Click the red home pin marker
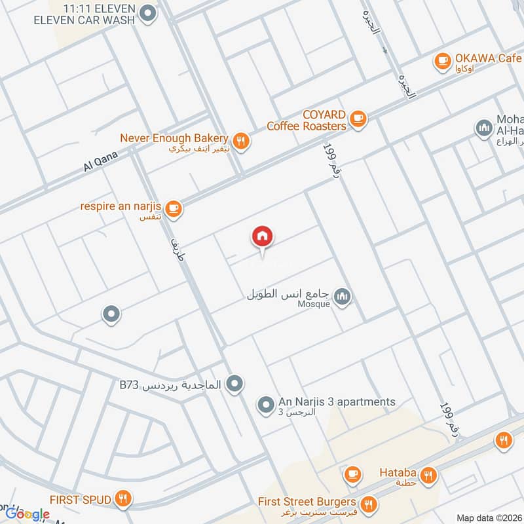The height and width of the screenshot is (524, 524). click(x=263, y=236)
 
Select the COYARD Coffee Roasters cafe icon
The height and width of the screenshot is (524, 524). click(x=357, y=119)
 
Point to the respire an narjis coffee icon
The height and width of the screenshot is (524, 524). click(x=173, y=208)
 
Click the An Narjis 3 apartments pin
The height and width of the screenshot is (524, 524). click(x=265, y=405)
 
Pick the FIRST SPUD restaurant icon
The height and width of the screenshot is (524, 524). click(x=122, y=500)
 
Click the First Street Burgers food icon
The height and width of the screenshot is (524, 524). click(x=369, y=504)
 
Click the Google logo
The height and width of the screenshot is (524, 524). click(x=27, y=514)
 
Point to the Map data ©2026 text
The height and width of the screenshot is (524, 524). click(x=489, y=517)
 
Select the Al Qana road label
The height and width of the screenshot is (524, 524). click(x=100, y=160)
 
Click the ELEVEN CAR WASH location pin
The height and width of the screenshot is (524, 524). click(x=149, y=12)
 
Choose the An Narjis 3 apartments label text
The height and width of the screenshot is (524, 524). click(x=337, y=402)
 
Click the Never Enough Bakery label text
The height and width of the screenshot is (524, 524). click(x=174, y=138)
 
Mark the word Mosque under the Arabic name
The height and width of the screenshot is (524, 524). click(x=314, y=304)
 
